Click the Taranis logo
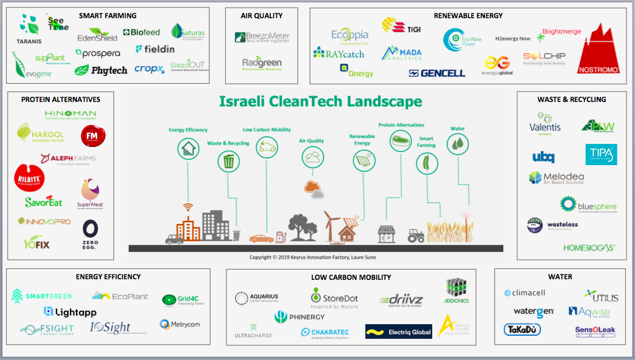click(x=29, y=30)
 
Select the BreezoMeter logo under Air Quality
click(x=262, y=38)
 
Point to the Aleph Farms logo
click(x=68, y=160)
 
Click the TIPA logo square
click(x=601, y=155)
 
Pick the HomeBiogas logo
click(x=589, y=248)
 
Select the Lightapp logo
click(x=70, y=311)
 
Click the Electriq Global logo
click(x=399, y=331)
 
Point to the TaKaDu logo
click(x=521, y=330)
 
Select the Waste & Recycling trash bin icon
click(x=228, y=161)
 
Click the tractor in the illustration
click(x=415, y=235)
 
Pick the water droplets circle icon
click(x=458, y=144)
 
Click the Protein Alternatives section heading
click(x=60, y=100)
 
